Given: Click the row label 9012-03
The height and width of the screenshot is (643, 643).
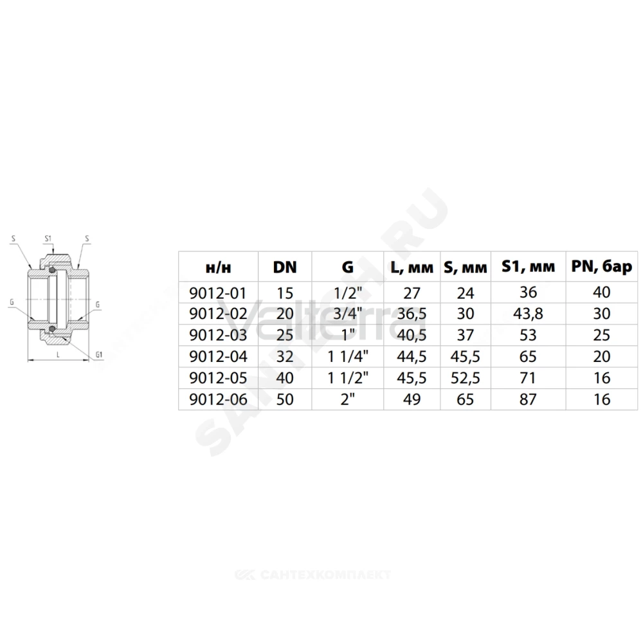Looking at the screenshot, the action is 218,335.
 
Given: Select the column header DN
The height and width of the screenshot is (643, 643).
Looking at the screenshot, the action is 285,267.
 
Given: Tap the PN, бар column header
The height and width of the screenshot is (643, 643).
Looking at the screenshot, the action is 602,267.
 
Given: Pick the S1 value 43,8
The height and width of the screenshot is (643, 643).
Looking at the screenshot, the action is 528,314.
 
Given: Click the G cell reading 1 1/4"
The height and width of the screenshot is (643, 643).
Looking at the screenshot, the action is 348,356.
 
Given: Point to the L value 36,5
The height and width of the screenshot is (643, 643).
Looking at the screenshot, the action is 412,314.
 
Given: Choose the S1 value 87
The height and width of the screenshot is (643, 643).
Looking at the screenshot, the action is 528,399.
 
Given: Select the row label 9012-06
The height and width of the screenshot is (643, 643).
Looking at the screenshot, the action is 218,399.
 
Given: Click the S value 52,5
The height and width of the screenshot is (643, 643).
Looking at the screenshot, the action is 465,377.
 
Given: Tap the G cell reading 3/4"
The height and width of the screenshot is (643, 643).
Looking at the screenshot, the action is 348,314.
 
